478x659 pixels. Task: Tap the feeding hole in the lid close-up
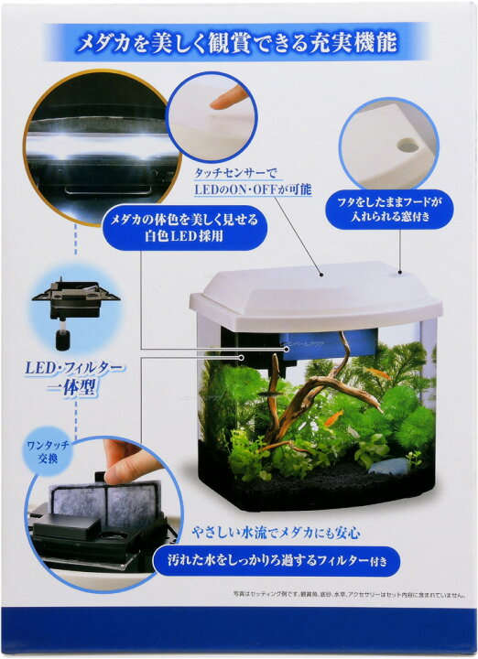pos(405,146)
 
